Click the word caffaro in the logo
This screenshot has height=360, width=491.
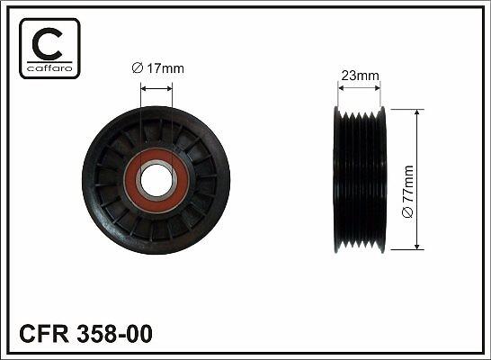[x=49, y=67]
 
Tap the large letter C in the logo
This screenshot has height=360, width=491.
[x=47, y=44]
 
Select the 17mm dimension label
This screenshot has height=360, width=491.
[x=158, y=68]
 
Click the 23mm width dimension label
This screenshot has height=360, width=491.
[x=360, y=76]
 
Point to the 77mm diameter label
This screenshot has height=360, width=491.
[x=407, y=191]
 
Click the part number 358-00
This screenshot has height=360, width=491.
[x=114, y=334]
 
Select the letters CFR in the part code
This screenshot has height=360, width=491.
[x=44, y=334]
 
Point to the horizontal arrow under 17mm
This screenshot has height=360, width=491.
[x=156, y=89]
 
